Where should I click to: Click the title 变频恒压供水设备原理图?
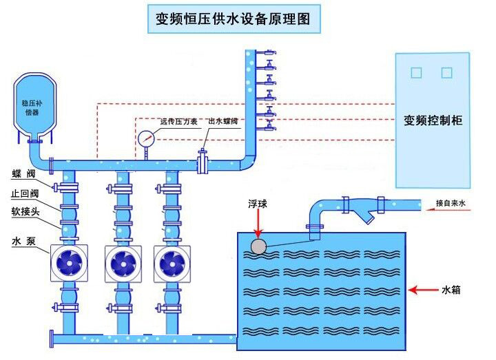[x=235, y=19]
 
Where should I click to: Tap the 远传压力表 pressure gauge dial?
[x=146, y=138]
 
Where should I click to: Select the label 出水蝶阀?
[x=223, y=121]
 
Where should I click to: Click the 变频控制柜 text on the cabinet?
[x=433, y=120]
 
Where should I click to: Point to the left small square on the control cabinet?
[x=415, y=72]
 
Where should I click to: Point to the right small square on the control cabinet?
[x=446, y=72]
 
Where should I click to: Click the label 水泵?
[x=23, y=242]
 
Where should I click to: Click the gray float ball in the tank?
[x=258, y=246]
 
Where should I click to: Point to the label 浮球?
[x=258, y=204]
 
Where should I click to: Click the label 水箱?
[x=451, y=290]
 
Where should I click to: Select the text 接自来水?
[x=451, y=204]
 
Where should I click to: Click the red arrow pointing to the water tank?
[x=422, y=290]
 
